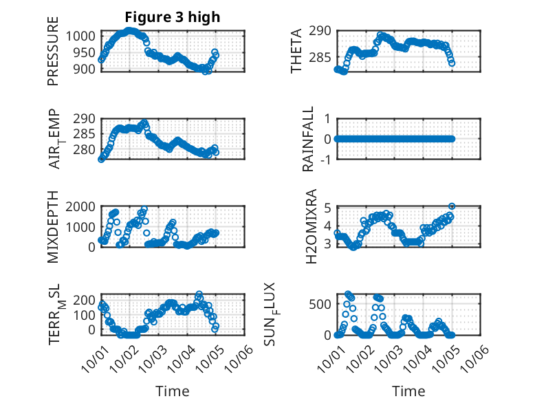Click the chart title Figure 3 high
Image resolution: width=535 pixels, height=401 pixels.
pos(173,17)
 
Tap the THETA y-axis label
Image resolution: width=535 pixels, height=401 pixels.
pos(296,51)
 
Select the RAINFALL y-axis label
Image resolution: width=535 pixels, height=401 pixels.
pos(309,139)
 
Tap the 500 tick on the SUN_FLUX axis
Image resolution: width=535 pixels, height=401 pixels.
pos(322,305)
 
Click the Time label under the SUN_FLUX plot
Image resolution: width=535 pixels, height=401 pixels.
pos(408,391)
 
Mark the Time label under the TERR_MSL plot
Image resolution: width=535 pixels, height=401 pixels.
pos(173,391)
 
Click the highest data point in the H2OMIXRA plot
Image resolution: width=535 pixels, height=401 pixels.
pos(452,206)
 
